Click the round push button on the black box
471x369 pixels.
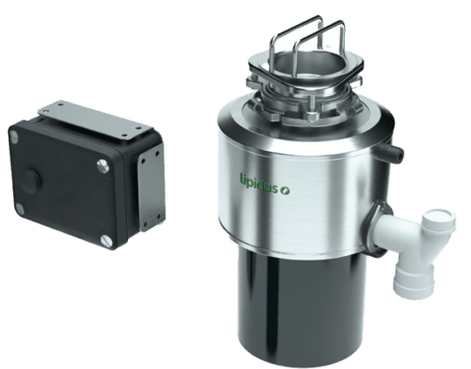pos(32,179)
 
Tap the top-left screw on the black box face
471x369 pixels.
pos(14,137)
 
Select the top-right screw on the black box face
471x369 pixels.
pos(103,165)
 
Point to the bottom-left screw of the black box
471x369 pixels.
pos(20,209)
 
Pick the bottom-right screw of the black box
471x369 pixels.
pos(107,241)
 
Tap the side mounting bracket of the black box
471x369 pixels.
pos(152,187)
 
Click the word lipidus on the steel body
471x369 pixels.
pos(259,183)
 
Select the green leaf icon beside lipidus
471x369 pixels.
pos(284,190)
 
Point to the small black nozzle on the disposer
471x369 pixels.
pos(391,150)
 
